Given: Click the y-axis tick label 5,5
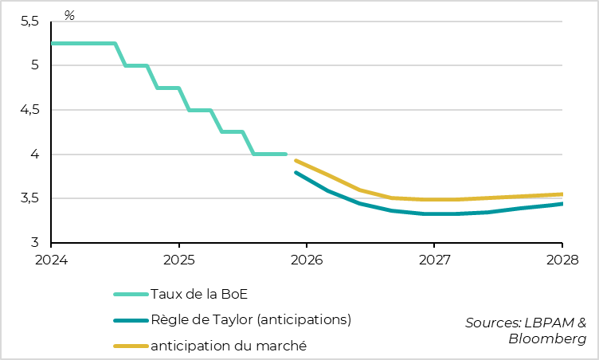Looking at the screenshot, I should click(29, 22).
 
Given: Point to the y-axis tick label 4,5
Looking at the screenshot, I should click(29, 111).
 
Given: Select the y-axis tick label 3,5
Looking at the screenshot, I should click(29, 199).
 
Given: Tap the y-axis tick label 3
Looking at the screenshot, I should click(34, 243).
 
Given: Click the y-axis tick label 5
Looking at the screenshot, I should click(34, 66).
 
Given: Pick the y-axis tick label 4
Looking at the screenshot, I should click(34, 155).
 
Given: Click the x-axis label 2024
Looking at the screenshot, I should click(51, 260).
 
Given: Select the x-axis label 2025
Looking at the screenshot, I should click(178, 260).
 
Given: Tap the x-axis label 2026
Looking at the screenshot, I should click(307, 260).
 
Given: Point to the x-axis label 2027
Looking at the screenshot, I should click(434, 260).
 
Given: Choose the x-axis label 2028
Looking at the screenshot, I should click(562, 260).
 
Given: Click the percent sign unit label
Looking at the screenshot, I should click(69, 15).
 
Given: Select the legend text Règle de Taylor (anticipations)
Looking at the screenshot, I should click(251, 320).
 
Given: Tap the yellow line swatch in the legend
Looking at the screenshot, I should click(129, 346).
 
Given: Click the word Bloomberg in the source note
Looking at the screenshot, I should click(547, 338).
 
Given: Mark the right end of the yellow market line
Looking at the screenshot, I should click(562, 194).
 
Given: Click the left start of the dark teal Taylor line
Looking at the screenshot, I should click(296, 172).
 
